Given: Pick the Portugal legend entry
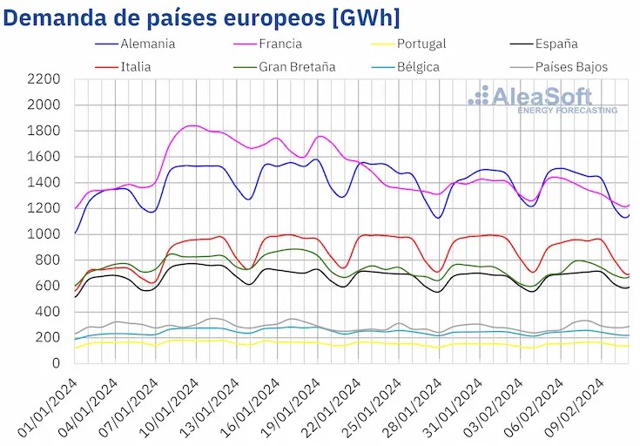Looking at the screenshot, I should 421,44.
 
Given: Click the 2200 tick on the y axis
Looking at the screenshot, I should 44,79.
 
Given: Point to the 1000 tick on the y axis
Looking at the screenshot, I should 44,234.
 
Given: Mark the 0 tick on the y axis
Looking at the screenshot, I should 55,363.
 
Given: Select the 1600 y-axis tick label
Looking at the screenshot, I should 44,157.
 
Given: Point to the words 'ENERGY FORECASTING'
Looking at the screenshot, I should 568,111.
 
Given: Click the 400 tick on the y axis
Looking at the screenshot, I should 47,311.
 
